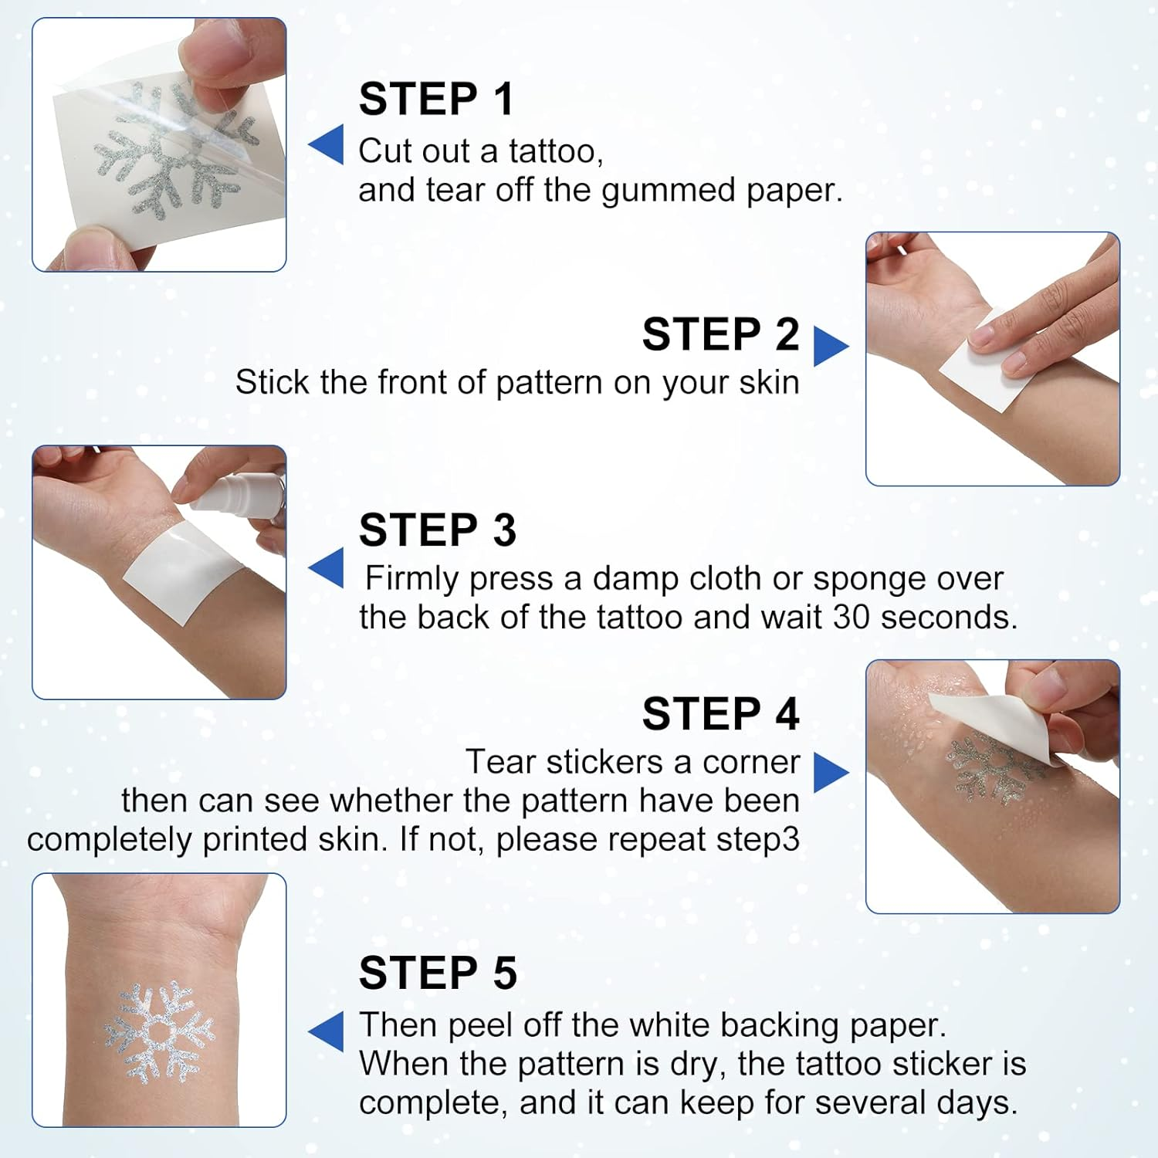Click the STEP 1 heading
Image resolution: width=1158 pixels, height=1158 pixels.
click(x=436, y=99)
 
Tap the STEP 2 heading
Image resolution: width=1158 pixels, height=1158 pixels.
click(x=720, y=334)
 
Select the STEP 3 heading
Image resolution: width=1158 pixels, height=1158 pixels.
click(x=437, y=530)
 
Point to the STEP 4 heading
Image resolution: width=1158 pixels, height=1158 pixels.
click(x=720, y=713)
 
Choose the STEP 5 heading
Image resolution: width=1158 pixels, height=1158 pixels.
click(x=437, y=973)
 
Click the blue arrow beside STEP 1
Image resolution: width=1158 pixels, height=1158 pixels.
click(x=327, y=144)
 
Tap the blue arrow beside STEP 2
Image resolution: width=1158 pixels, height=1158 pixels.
click(x=830, y=347)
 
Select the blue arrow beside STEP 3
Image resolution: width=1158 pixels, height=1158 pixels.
click(x=327, y=568)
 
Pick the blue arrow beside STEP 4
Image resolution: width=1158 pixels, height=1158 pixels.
click(x=830, y=772)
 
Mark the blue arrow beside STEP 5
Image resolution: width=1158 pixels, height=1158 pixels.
click(x=327, y=1031)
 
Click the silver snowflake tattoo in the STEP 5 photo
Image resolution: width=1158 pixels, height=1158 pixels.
click(x=160, y=1031)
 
